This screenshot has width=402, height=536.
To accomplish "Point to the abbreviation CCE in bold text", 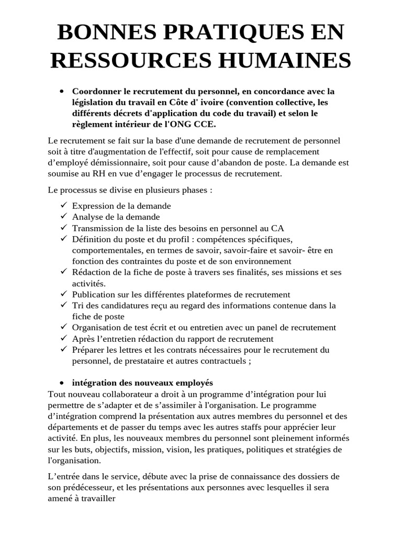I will pyautogui.click(x=204, y=124).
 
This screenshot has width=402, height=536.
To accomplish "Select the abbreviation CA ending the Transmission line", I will pyautogui.click(x=277, y=228).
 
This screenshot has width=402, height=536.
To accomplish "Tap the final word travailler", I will pyautogui.click(x=97, y=499).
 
